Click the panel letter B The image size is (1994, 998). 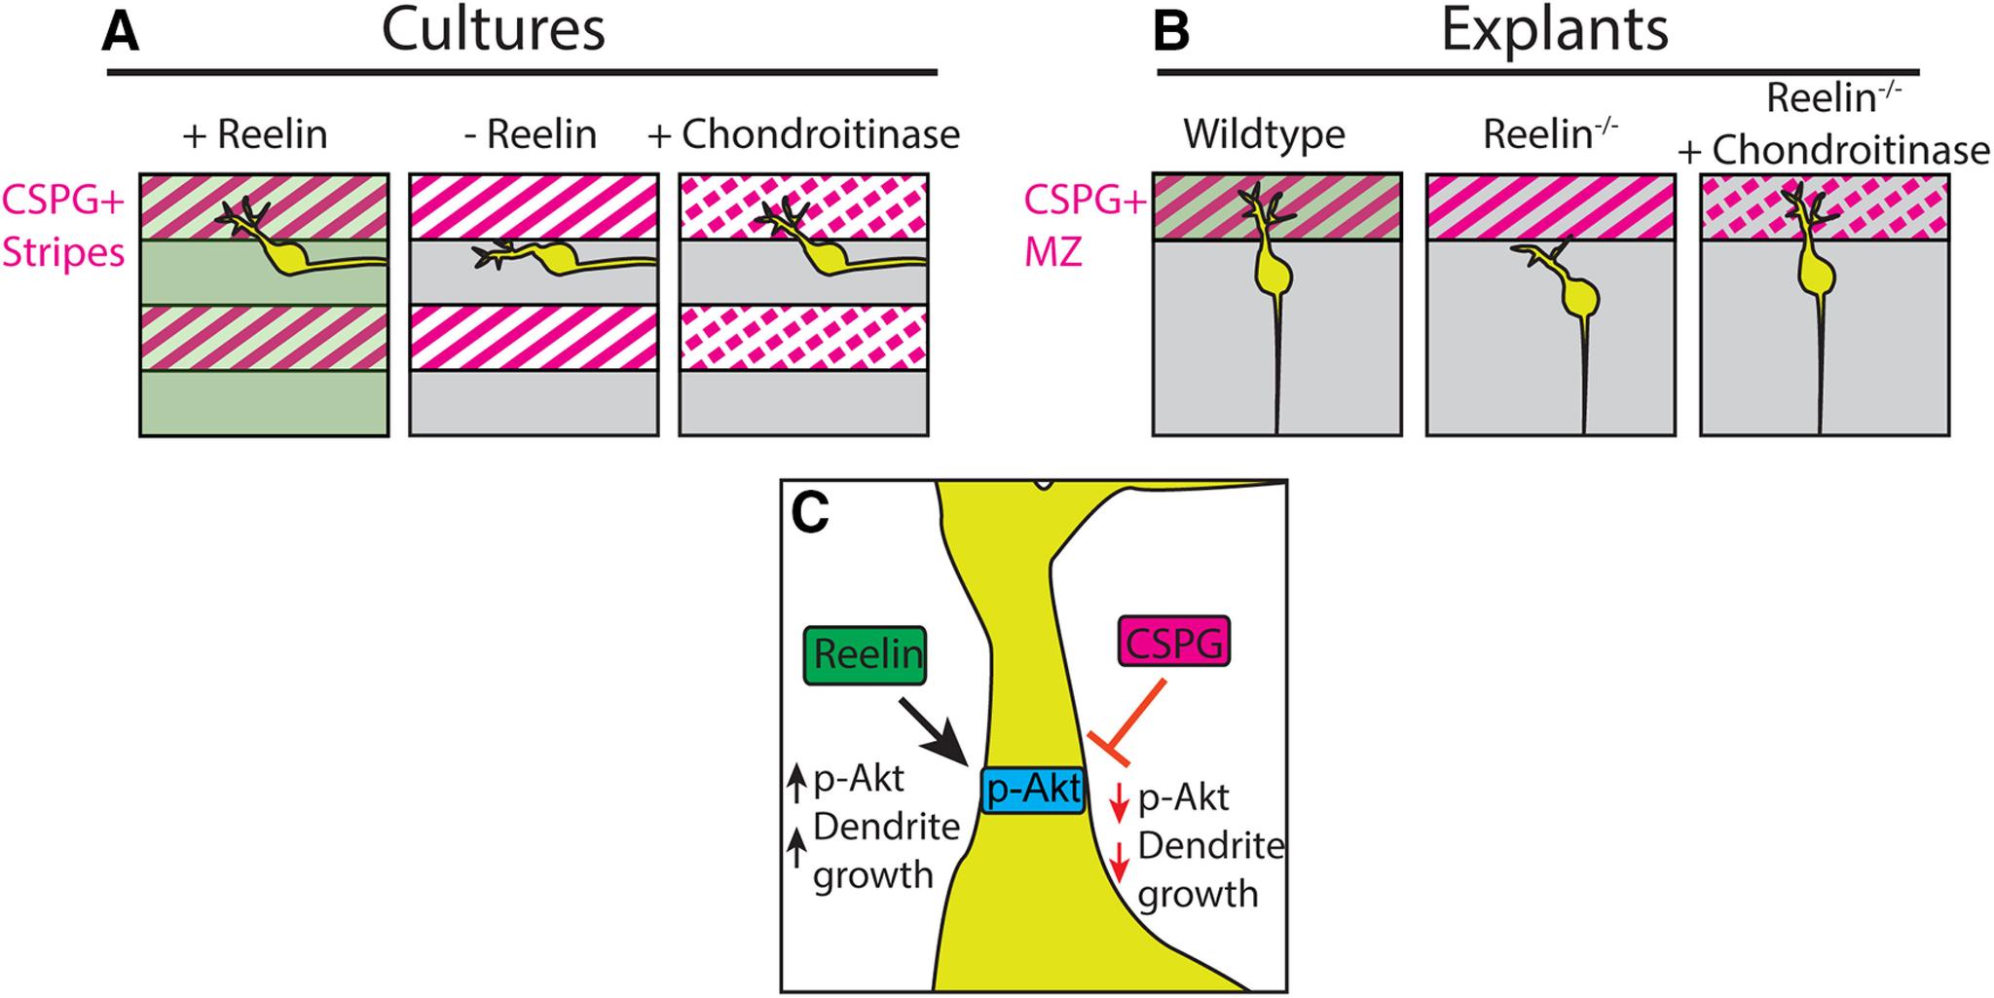click(x=1170, y=32)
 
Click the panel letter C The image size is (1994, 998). click(x=810, y=514)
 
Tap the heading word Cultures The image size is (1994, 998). click(x=493, y=30)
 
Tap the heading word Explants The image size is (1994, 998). click(x=1554, y=30)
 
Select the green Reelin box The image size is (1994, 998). click(x=866, y=654)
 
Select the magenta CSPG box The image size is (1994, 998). click(x=1174, y=643)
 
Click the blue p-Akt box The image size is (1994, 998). click(x=1032, y=790)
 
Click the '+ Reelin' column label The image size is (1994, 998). click(x=255, y=134)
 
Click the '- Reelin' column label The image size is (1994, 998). click(x=531, y=134)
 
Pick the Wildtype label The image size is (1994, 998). click(x=1264, y=134)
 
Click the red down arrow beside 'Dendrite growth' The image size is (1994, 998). click(x=1120, y=860)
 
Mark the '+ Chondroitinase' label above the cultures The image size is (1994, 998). click(x=803, y=134)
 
